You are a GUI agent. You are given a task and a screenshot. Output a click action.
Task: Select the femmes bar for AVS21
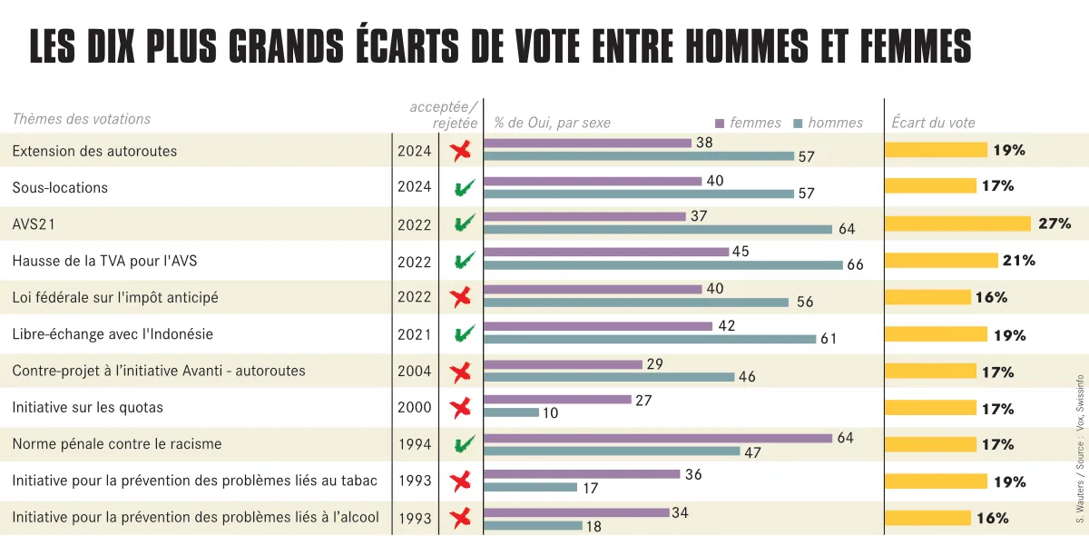click(x=584, y=216)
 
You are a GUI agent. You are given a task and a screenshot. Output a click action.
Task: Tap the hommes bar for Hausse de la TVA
click(x=662, y=265)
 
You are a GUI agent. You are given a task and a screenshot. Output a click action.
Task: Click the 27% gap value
click(x=1055, y=223)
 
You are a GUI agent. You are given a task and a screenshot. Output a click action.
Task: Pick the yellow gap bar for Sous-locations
click(x=931, y=186)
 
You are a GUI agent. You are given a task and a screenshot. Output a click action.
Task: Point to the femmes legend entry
click(x=749, y=123)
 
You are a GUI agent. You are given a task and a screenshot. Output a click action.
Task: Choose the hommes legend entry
click(x=829, y=123)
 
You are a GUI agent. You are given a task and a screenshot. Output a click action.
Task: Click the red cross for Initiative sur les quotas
click(x=461, y=407)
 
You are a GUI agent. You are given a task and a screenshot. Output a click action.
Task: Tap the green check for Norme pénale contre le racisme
click(x=464, y=444)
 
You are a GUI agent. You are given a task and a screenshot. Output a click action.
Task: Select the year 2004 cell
click(x=414, y=371)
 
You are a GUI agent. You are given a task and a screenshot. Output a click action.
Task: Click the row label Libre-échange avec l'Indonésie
click(x=113, y=334)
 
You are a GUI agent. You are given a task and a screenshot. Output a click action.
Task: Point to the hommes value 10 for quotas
click(x=550, y=413)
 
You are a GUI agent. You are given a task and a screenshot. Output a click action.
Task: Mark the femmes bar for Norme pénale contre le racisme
click(x=658, y=438)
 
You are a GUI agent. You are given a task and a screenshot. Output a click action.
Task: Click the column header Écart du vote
click(x=933, y=123)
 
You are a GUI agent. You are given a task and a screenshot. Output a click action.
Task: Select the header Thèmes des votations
click(x=82, y=119)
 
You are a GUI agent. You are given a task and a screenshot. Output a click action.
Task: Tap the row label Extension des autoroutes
click(x=94, y=151)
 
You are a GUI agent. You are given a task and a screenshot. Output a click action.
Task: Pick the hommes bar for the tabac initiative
click(x=530, y=487)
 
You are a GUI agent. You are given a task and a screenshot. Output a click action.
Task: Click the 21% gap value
click(x=1018, y=261)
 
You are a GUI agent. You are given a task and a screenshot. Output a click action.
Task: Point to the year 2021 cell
click(x=414, y=334)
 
